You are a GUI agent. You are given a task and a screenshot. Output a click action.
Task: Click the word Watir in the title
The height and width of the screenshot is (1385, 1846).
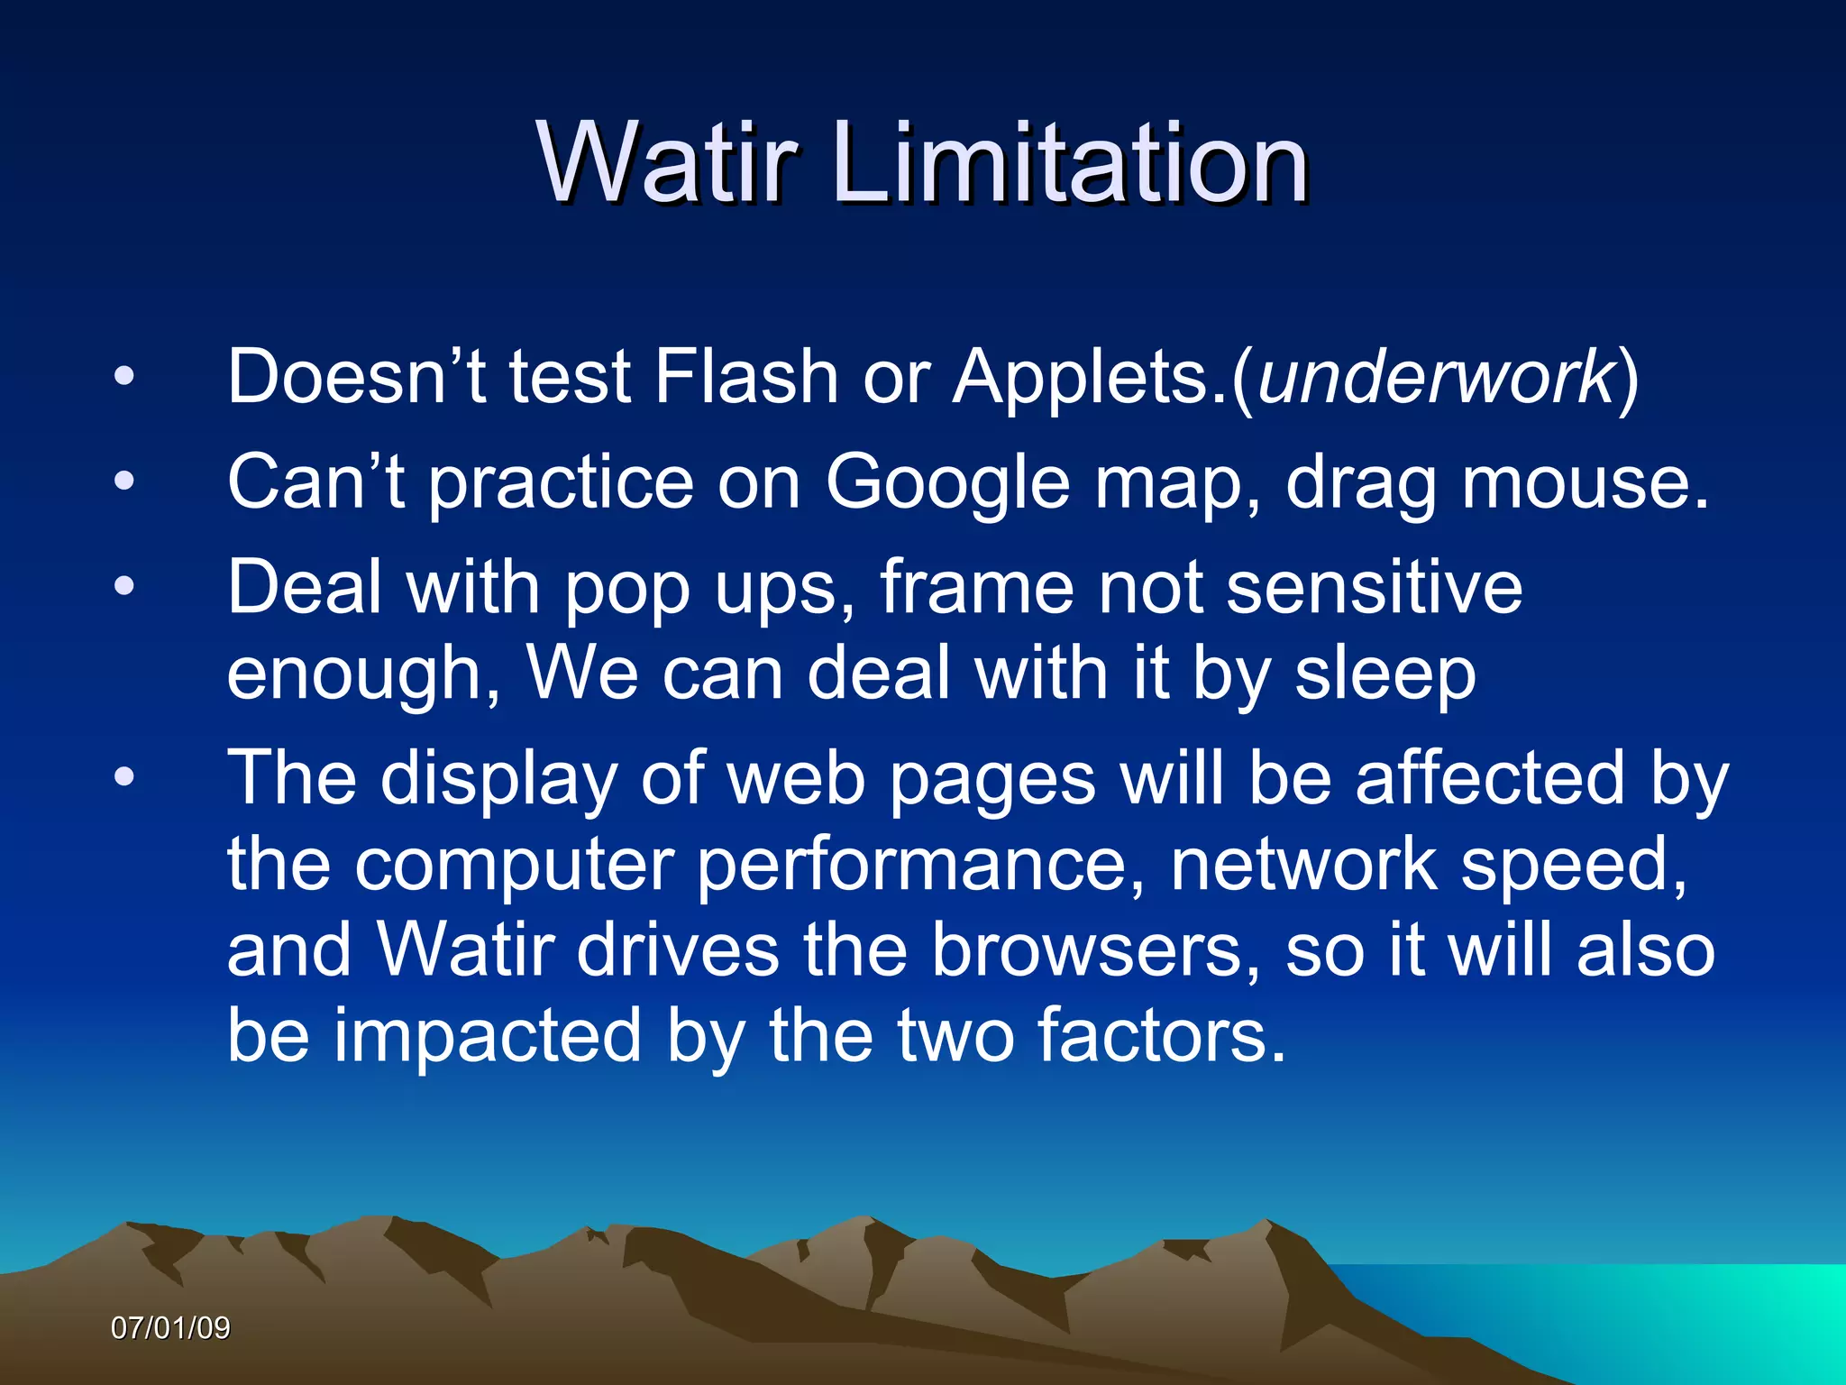click(668, 163)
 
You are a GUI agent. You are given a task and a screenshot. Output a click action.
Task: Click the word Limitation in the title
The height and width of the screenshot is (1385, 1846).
click(1070, 163)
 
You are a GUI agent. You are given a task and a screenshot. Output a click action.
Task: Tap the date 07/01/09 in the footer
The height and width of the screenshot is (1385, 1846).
click(170, 1327)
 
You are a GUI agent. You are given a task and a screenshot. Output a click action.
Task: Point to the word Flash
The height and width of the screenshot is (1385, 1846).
click(746, 376)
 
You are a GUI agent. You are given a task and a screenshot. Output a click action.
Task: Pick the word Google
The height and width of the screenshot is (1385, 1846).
click(947, 482)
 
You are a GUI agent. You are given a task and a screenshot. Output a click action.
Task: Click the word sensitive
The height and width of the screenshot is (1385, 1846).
click(1375, 587)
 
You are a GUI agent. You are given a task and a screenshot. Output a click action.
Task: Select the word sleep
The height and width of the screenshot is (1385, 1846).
click(1385, 674)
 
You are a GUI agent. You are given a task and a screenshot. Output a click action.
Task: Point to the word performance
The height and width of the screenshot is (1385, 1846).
click(911, 864)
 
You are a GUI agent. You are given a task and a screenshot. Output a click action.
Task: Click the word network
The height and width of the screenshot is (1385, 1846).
click(1303, 864)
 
